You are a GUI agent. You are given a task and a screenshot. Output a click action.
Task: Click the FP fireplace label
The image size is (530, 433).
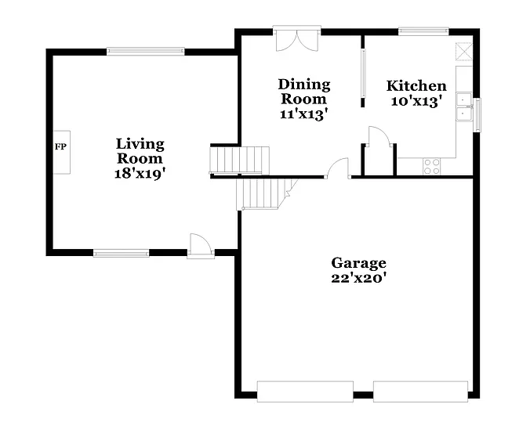point(60,146)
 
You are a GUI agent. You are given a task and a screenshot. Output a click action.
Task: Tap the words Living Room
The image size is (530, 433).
point(140,151)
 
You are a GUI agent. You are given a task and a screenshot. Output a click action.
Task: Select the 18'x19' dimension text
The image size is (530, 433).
point(140,174)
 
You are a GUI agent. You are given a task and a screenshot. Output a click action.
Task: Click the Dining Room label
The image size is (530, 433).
point(304,92)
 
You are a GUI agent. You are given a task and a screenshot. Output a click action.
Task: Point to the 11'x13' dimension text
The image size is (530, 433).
point(304,114)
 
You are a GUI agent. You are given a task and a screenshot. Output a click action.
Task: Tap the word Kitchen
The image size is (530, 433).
point(417,86)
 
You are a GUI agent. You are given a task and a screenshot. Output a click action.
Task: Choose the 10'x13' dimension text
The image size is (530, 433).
point(417,100)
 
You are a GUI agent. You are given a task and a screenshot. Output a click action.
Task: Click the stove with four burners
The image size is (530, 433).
point(431,165)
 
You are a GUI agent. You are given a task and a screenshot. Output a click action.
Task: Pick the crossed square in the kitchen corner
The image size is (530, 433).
point(464,51)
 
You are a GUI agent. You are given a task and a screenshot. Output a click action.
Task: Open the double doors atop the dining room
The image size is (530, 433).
point(296,38)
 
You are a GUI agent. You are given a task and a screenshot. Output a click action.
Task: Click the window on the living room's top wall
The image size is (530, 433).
point(146,52)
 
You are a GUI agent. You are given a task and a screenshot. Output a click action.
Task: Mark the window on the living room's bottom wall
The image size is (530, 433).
point(121,253)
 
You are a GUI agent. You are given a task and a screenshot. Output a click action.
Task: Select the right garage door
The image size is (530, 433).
point(420,391)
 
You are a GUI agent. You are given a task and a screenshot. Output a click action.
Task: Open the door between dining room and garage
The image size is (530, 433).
point(338,168)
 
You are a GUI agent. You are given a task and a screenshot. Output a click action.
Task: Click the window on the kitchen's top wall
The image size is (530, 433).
point(423,31)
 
